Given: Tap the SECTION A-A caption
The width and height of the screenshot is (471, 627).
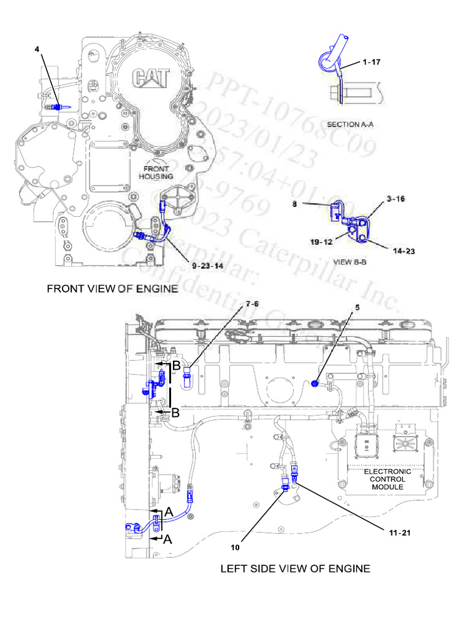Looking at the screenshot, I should click(x=350, y=124).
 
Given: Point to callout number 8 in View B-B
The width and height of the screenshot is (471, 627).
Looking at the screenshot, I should click(x=295, y=206).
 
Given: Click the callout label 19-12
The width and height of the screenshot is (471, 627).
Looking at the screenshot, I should click(x=321, y=242).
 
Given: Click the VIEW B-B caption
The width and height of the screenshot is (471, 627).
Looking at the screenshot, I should click(x=350, y=261).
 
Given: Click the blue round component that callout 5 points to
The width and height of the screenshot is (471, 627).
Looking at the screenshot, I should click(x=314, y=383).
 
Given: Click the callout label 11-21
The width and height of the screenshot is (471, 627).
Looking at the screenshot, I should click(x=397, y=532).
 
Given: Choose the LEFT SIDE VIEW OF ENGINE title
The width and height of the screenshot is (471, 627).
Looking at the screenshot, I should click(x=295, y=568).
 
